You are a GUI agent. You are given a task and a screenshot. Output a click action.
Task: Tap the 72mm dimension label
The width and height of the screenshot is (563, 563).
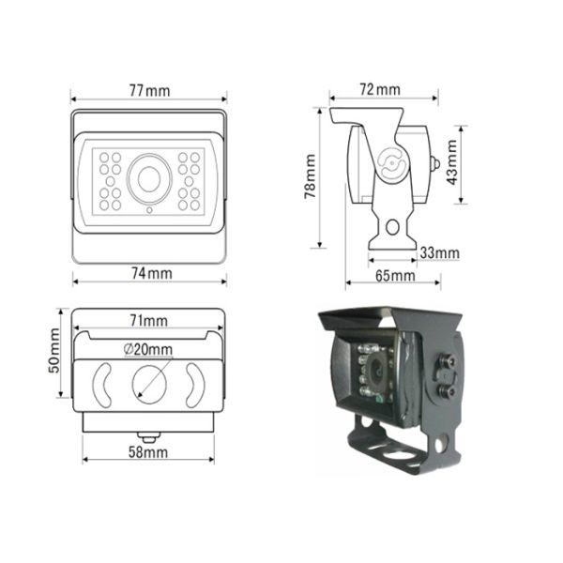[379, 89]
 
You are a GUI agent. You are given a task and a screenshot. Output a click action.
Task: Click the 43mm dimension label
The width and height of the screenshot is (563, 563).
[453, 161]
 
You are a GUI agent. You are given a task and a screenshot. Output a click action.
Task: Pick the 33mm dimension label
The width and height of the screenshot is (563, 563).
[439, 252]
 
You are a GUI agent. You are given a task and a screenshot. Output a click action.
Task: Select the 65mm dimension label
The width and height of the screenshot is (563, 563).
[395, 276]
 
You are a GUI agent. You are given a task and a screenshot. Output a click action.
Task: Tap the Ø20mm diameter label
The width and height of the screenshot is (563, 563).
[148, 350]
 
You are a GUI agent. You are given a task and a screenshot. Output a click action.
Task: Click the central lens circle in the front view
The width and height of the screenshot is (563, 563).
[148, 177]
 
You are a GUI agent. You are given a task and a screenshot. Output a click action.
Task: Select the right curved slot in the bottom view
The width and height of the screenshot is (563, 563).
[194, 383]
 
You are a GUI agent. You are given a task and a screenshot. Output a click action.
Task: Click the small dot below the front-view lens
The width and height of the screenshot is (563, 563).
[148, 210]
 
